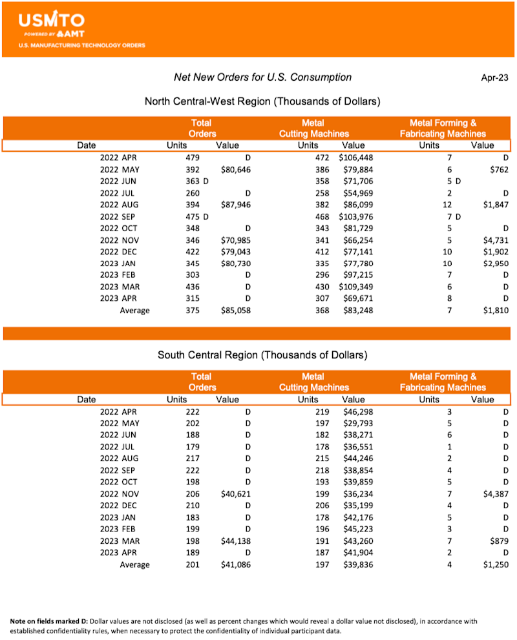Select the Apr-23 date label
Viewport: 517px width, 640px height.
click(494, 77)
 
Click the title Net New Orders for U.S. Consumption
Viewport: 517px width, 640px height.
click(262, 77)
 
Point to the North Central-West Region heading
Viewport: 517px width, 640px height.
click(262, 101)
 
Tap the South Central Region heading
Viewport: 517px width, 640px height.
click(262, 355)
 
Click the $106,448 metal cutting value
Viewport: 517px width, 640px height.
click(355, 158)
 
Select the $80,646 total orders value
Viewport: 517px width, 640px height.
click(233, 169)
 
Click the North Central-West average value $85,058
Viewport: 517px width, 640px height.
click(233, 311)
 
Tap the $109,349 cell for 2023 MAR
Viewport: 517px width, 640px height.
click(355, 287)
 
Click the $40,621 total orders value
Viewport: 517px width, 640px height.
click(233, 493)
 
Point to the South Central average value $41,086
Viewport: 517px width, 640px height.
click(233, 565)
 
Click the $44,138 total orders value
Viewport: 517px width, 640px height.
click(233, 541)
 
